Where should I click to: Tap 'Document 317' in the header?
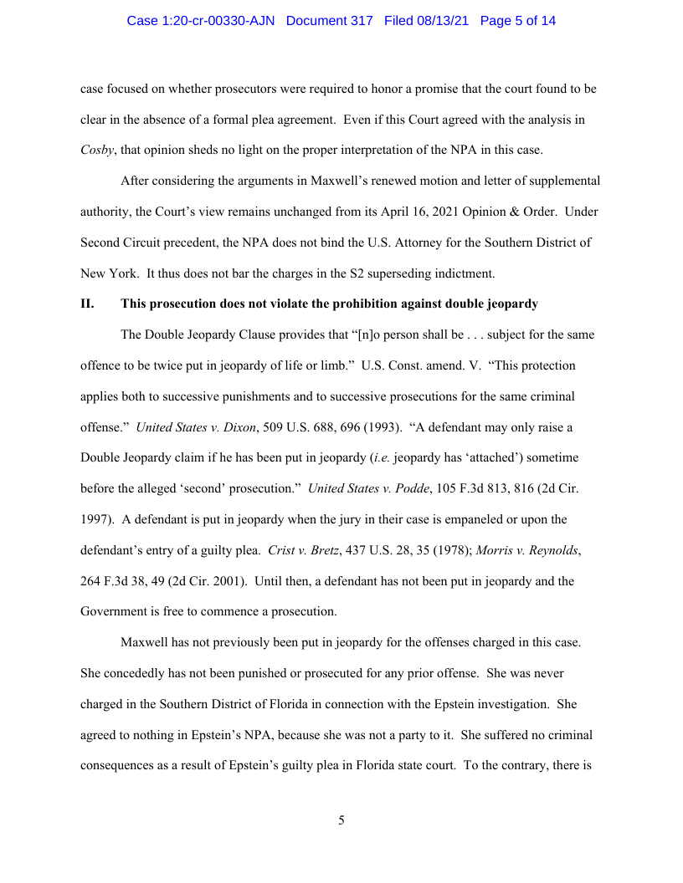tap(330, 21)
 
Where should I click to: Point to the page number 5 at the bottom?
tap(341, 820)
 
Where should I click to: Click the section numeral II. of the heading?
tap(88, 303)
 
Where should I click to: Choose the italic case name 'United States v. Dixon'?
tap(195, 427)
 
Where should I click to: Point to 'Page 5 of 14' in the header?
tap(518, 21)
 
